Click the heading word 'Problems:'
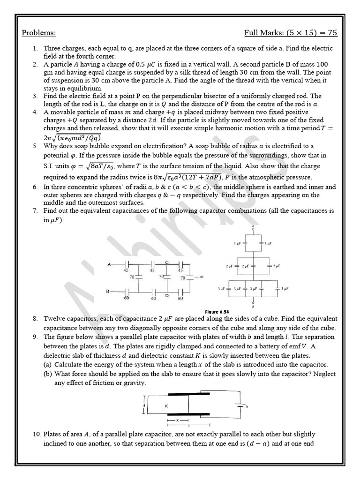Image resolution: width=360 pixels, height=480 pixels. (39, 33)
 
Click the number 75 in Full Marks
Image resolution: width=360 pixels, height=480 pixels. (331, 33)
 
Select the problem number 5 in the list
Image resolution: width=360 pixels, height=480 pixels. (35, 146)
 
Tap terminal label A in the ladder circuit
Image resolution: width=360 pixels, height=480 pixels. (109, 264)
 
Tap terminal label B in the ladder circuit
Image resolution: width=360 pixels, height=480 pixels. (108, 292)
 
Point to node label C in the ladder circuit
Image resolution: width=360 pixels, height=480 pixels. (167, 262)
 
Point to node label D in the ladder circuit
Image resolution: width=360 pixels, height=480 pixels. (167, 295)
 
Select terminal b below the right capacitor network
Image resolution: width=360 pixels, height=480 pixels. (253, 307)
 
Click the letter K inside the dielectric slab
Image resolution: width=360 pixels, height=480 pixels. (167, 406)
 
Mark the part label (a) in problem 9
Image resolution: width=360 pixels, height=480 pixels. (49, 364)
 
